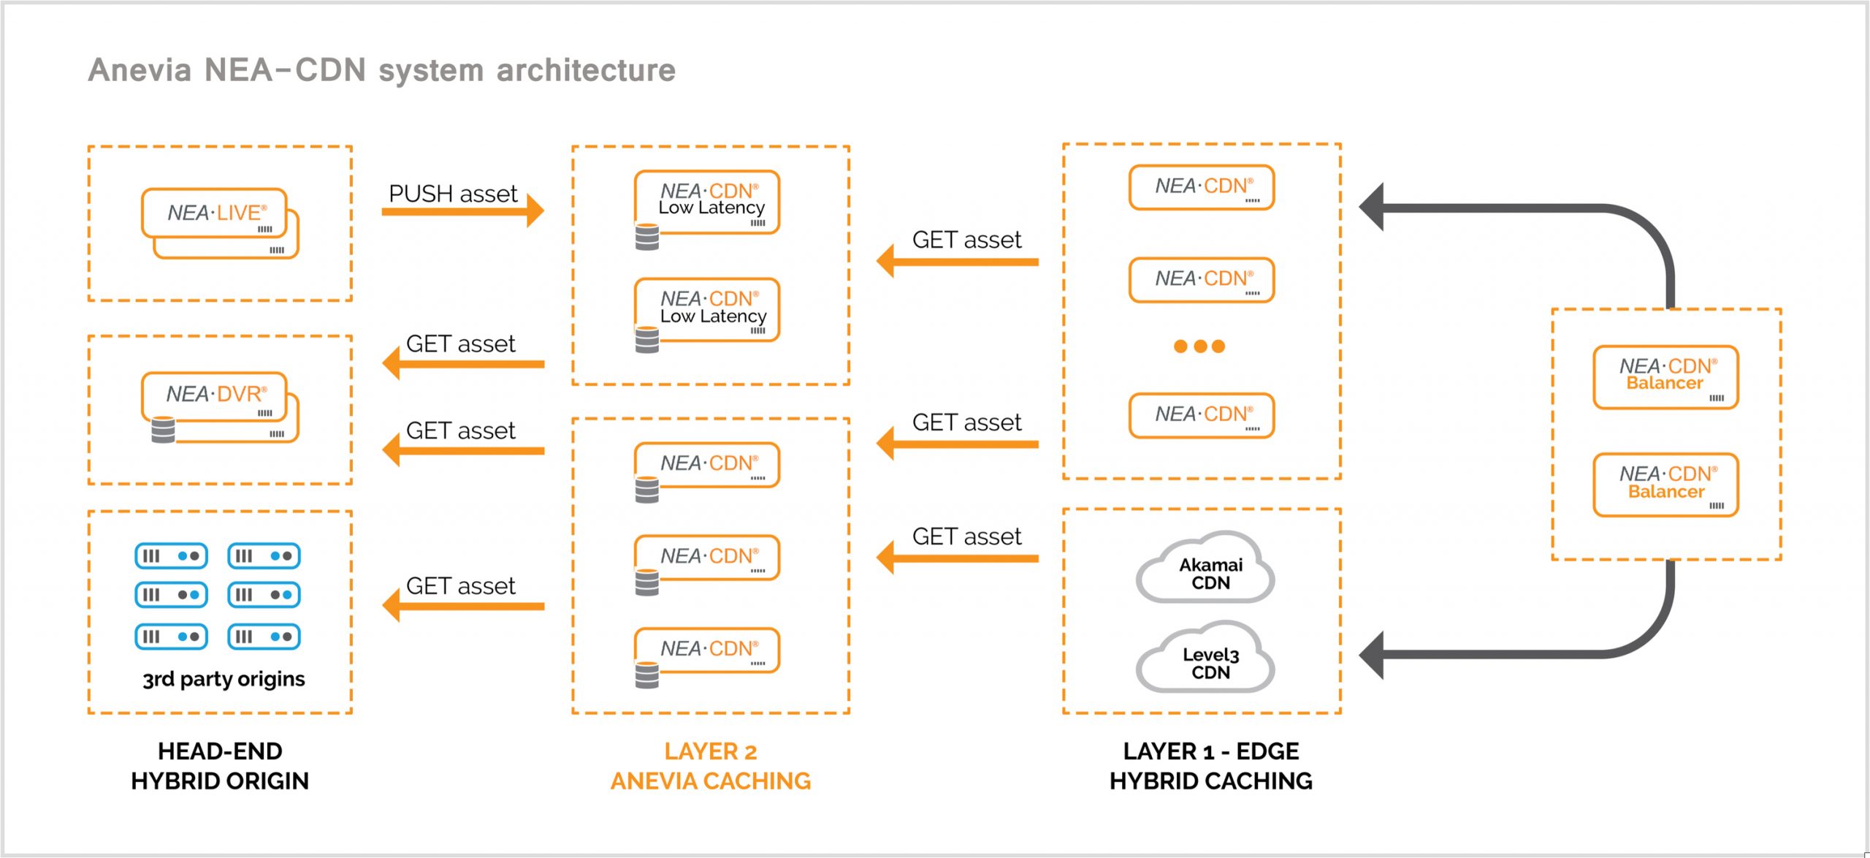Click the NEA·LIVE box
[x=215, y=213]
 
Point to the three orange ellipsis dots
[x=1199, y=346]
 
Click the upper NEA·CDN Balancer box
[x=1665, y=376]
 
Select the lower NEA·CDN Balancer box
[x=1665, y=484]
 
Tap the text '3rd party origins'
[x=224, y=679]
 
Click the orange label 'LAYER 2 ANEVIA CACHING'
[x=710, y=766]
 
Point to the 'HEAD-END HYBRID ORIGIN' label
[x=220, y=766]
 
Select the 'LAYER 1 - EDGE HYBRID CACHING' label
[x=1210, y=766]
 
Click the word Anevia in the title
[x=140, y=70]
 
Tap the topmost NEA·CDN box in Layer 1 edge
[x=1201, y=187]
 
